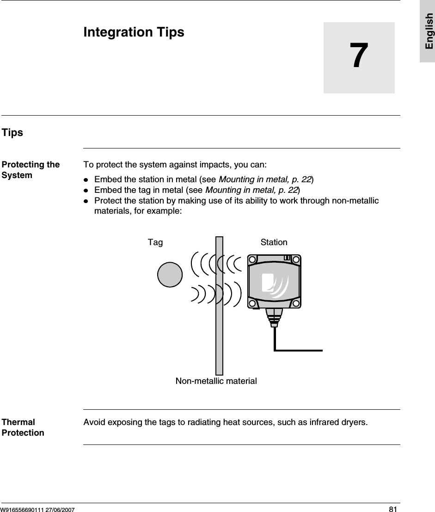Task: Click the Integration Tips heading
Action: pyautogui.click(x=134, y=32)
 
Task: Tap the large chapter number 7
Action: pyautogui.click(x=359, y=57)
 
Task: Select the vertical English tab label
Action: pyautogui.click(x=429, y=31)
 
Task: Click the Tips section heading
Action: pyautogui.click(x=12, y=133)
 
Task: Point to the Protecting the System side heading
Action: pyautogui.click(x=31, y=170)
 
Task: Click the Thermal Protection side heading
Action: pyautogui.click(x=23, y=427)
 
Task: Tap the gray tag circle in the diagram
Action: pyautogui.click(x=170, y=275)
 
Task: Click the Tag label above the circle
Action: pyautogui.click(x=155, y=242)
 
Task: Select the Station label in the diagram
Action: pyautogui.click(x=274, y=242)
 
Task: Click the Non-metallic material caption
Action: pyautogui.click(x=216, y=381)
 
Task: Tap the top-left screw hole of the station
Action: pyautogui.click(x=252, y=259)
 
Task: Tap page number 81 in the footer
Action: pyautogui.click(x=392, y=509)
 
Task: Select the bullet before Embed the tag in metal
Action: pyautogui.click(x=86, y=190)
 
